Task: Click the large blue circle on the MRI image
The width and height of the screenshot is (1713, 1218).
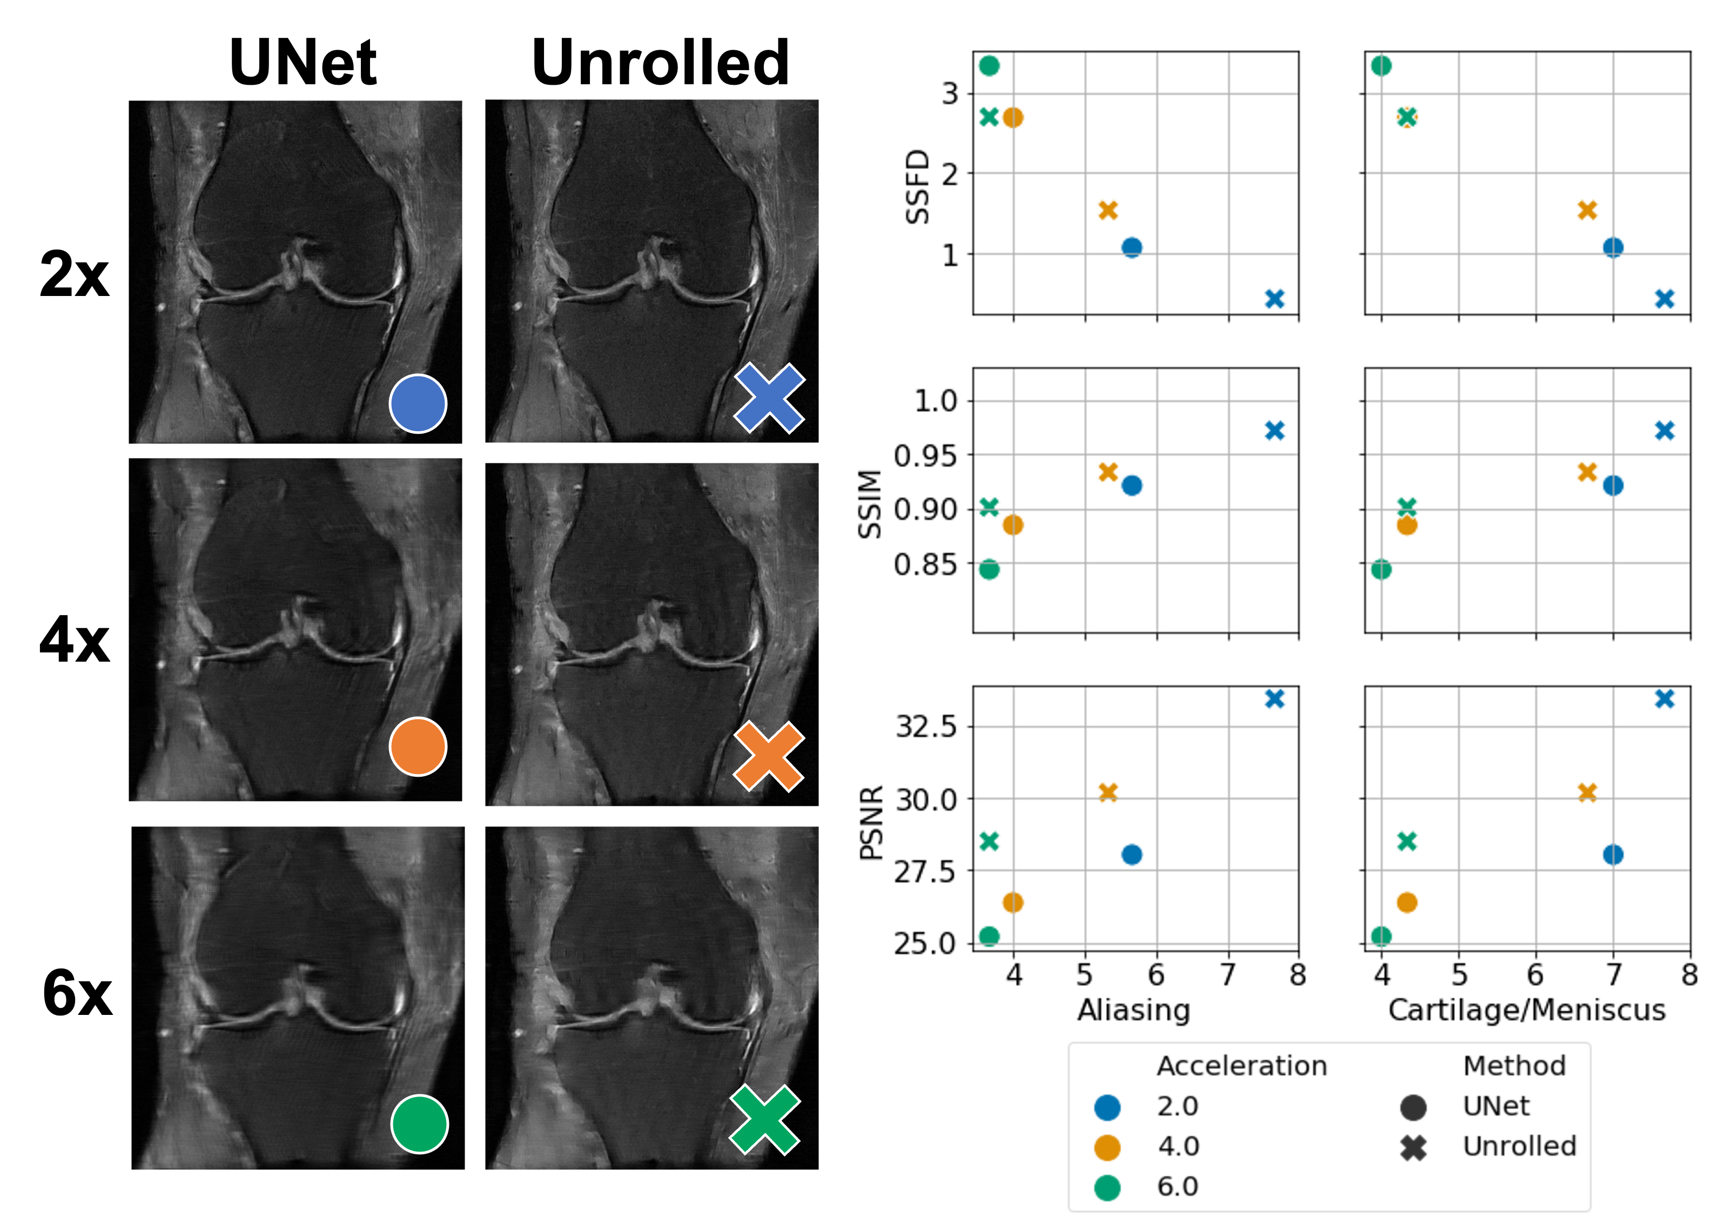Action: tap(418, 403)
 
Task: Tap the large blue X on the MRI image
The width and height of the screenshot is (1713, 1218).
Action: tap(769, 398)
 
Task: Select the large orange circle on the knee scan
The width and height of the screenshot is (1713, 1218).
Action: tap(418, 746)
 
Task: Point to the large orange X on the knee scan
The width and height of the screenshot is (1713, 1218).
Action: tap(769, 757)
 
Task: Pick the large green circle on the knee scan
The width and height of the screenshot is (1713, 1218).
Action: tap(419, 1123)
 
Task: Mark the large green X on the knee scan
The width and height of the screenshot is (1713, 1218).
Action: tap(765, 1120)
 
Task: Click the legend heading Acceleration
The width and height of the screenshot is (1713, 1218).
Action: tap(1241, 1066)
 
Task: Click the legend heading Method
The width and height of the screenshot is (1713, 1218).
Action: tap(1514, 1066)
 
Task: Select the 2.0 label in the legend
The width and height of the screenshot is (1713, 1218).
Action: tap(1178, 1106)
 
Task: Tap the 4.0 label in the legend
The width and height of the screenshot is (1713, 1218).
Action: tap(1178, 1146)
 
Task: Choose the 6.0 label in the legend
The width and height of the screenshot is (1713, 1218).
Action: tap(1178, 1187)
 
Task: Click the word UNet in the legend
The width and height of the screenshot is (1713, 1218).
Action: tap(1495, 1106)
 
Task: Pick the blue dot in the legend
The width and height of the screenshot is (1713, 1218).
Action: tap(1107, 1107)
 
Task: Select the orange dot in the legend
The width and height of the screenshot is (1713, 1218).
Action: tap(1107, 1147)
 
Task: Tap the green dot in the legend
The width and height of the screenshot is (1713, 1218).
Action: tap(1107, 1187)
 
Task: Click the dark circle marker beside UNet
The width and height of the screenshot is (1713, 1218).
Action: tap(1413, 1107)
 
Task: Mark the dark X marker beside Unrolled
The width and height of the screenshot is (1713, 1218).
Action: tap(1413, 1147)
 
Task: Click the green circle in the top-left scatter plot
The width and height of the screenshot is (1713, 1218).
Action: tap(989, 66)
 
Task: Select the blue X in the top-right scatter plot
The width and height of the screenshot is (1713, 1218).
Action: tap(1664, 299)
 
